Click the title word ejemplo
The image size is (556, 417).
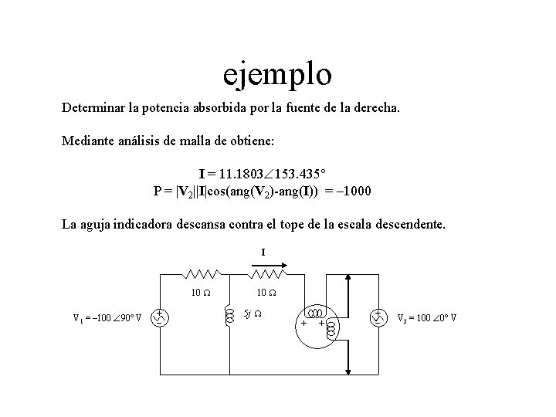pos(277,75)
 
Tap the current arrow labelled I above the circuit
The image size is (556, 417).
pos(269,263)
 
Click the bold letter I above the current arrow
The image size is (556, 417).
pos(263,252)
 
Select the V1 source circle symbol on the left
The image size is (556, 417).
pos(159,317)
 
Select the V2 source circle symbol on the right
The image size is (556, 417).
pos(378,317)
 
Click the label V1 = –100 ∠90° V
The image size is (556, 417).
pos(107,318)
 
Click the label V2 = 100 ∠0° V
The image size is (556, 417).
pos(427,317)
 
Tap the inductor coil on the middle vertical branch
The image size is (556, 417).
pos(229,316)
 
